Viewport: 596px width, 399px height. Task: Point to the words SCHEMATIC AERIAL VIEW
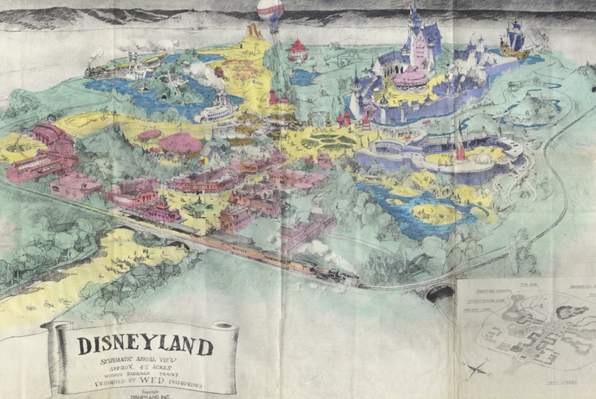(x=142, y=362)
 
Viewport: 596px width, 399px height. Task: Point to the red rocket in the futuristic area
(x=461, y=149)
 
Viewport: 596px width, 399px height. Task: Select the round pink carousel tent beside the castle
(x=410, y=78)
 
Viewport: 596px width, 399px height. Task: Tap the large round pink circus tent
(x=180, y=142)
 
